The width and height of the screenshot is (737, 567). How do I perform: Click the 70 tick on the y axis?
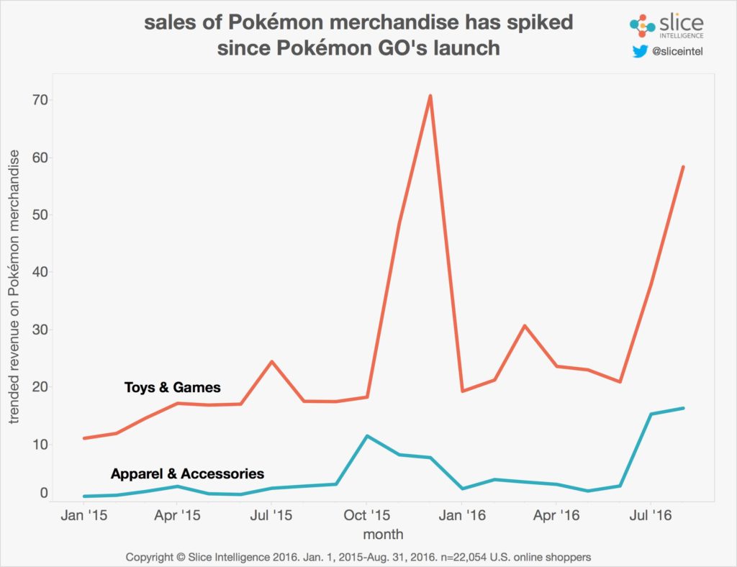(39, 100)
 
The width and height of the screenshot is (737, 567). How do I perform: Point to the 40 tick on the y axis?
(39, 273)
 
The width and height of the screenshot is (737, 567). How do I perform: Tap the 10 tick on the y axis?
(39, 445)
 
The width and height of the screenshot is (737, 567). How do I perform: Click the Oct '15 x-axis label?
(366, 515)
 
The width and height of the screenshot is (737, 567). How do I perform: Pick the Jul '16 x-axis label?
(651, 515)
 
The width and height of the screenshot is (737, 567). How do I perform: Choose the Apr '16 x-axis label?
(556, 515)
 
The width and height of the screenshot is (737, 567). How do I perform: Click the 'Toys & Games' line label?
(173, 388)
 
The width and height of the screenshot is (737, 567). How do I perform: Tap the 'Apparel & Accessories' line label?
(187, 474)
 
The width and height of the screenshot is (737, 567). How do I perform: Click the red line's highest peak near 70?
(430, 96)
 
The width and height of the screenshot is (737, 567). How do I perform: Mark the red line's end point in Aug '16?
(683, 167)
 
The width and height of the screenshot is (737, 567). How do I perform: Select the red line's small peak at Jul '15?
(271, 361)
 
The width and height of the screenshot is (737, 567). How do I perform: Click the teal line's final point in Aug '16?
(683, 408)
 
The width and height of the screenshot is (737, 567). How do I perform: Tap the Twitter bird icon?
(640, 52)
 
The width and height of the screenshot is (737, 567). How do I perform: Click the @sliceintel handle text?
(677, 52)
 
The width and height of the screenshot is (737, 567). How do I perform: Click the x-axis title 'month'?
(383, 535)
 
